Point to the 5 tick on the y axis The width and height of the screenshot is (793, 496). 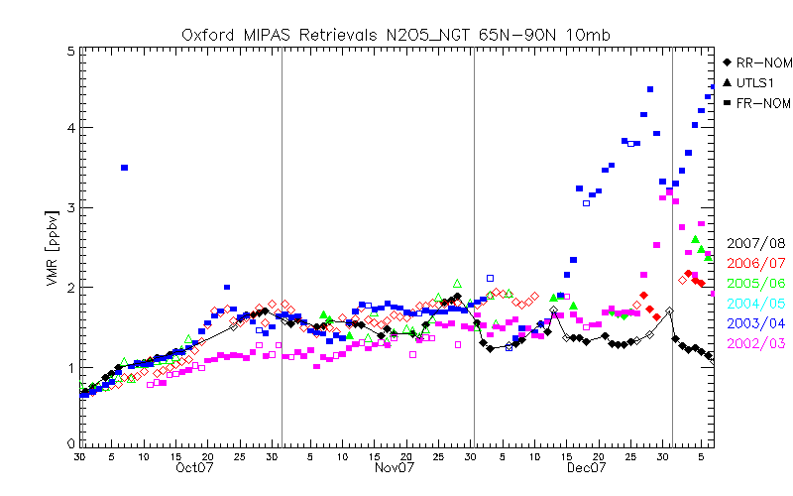(69, 51)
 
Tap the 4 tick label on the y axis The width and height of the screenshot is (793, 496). (69, 128)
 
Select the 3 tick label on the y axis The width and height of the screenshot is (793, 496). (69, 207)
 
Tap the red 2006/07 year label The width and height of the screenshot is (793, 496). (754, 263)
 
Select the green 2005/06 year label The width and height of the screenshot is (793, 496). (754, 283)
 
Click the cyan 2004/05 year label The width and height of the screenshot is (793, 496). (754, 303)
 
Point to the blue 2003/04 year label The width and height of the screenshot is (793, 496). (754, 322)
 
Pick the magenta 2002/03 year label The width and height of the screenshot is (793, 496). (754, 342)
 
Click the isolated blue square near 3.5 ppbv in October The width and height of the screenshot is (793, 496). (124, 168)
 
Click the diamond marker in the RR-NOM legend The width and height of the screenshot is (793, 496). (730, 62)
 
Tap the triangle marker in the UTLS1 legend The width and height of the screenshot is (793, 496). (730, 82)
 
